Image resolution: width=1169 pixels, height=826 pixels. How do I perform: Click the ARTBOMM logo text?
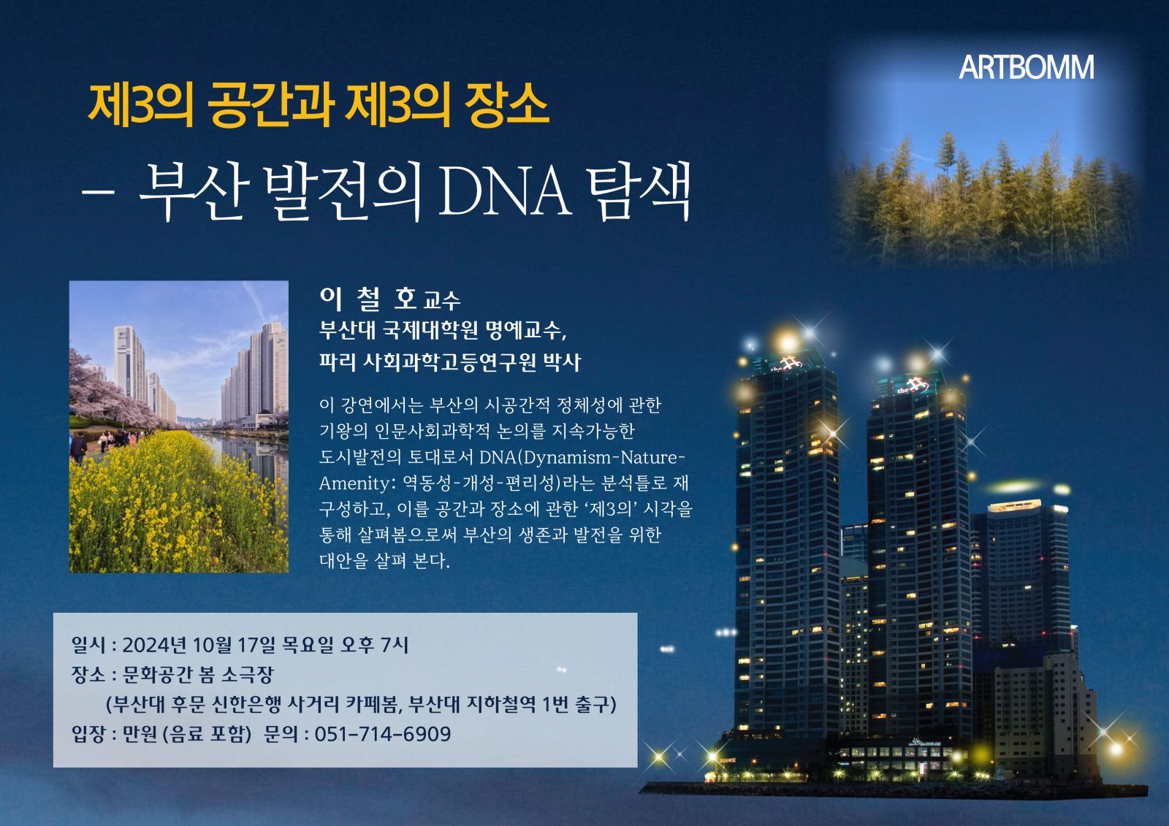pyautogui.click(x=1026, y=67)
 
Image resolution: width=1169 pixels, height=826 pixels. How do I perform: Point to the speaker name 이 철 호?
pyautogui.click(x=368, y=299)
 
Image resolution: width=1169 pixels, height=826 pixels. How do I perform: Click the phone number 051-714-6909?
pyautogui.click(x=383, y=734)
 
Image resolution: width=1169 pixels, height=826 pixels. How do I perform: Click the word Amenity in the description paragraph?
pyautogui.click(x=354, y=483)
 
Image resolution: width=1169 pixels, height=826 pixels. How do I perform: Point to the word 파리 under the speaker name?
pyautogui.click(x=336, y=362)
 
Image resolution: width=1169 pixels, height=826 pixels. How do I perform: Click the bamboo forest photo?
pyautogui.click(x=986, y=156)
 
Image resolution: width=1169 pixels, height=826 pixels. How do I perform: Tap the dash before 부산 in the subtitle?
pyautogui.click(x=98, y=192)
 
